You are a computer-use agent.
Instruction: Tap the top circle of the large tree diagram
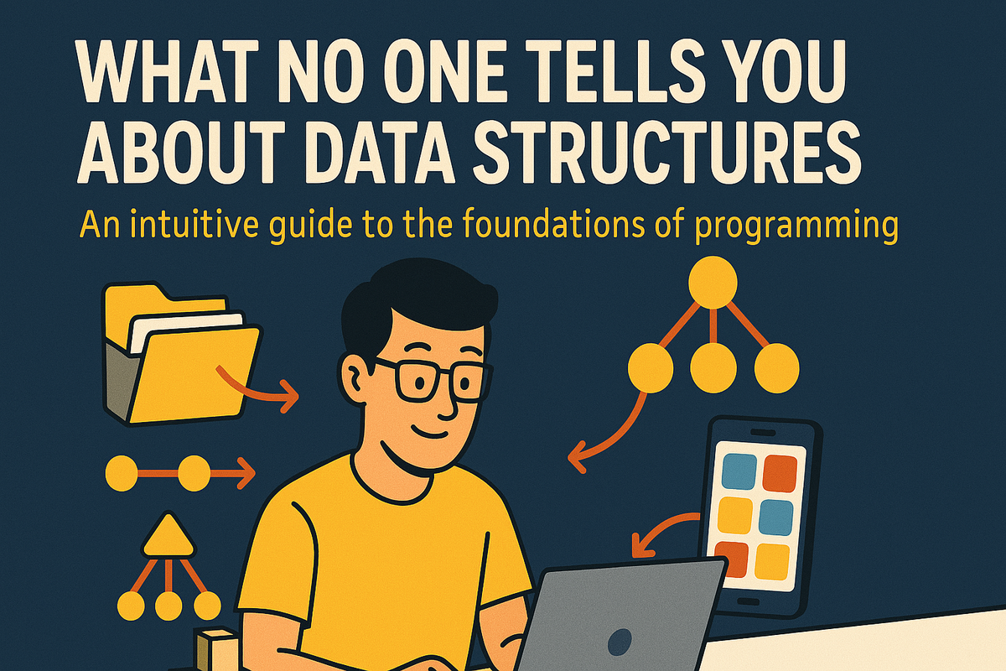click(712, 280)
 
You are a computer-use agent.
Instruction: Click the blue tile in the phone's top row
click(738, 471)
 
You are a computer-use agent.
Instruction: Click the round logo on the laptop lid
click(620, 642)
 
